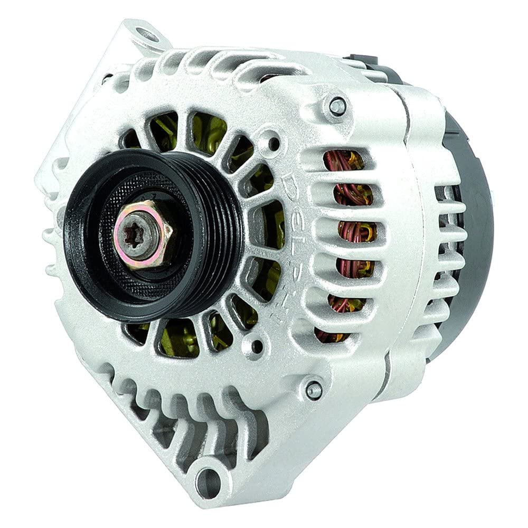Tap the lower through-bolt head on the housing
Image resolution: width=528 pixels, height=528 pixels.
pyautogui.click(x=314, y=389)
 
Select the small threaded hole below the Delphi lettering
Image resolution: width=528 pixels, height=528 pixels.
pyautogui.click(x=257, y=346)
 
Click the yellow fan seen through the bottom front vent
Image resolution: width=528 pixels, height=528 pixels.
pyautogui.click(x=180, y=338)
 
